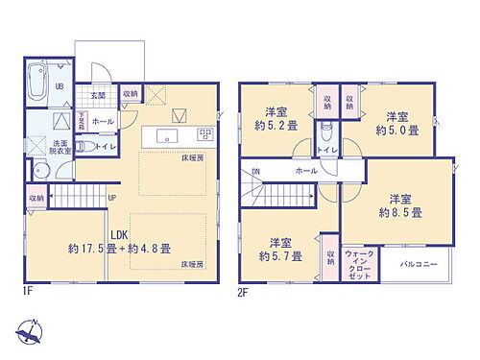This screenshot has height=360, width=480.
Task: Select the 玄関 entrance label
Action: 98,96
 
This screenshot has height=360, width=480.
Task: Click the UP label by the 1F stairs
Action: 112,199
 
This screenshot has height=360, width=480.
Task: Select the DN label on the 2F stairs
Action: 255,172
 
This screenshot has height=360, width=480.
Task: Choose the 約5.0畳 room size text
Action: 396,130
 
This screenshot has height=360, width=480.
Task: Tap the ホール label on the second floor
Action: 306,171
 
